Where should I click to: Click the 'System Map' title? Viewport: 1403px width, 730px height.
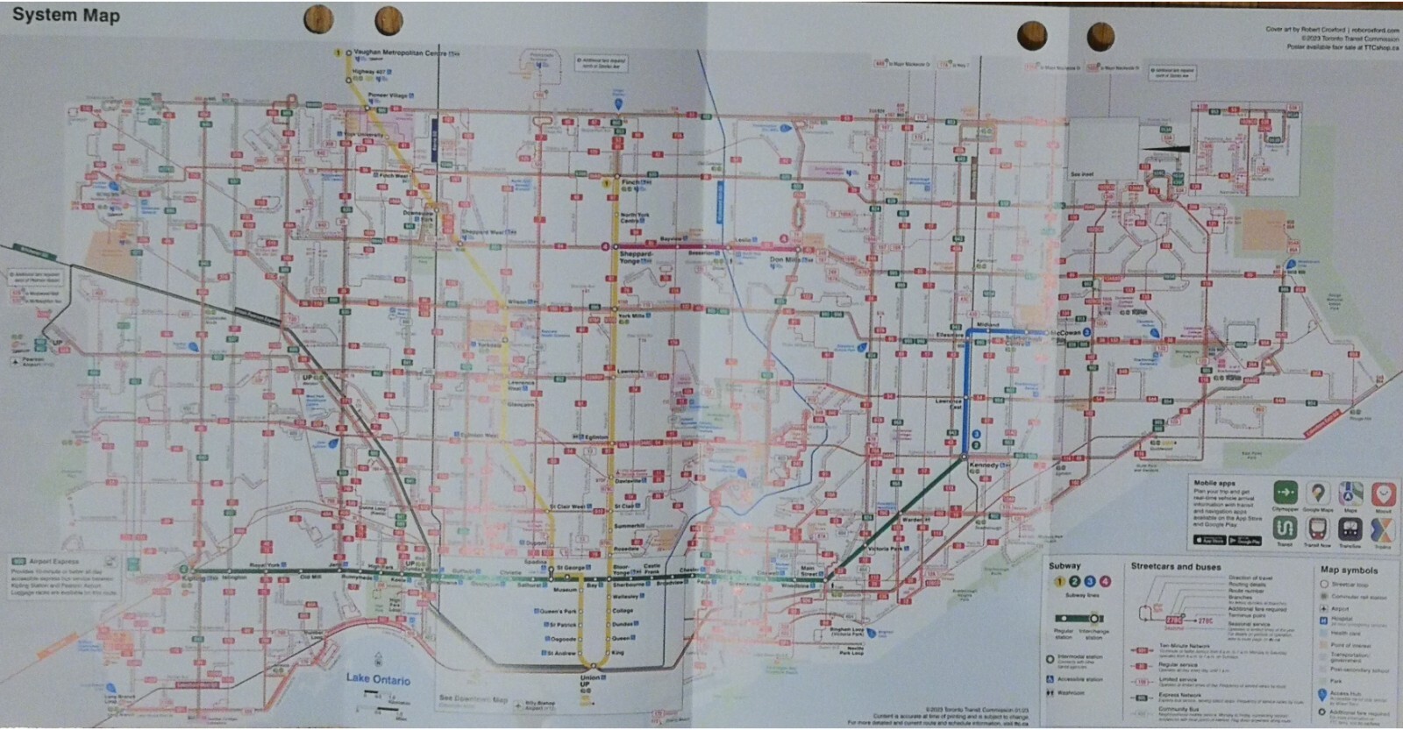tap(66, 15)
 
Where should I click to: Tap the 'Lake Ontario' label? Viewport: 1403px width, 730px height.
tap(377, 679)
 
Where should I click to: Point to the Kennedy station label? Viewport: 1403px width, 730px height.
tap(984, 465)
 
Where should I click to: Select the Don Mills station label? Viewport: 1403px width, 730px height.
tap(786, 260)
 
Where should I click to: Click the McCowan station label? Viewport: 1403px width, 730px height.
tap(1067, 334)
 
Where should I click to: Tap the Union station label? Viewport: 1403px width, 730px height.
tap(590, 678)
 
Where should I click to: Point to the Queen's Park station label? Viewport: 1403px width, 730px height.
tap(559, 611)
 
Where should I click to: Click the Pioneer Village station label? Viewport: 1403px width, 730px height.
tap(388, 95)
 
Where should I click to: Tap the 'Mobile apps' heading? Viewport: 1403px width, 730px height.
tap(1214, 484)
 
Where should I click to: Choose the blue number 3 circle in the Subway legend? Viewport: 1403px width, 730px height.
tap(1090, 581)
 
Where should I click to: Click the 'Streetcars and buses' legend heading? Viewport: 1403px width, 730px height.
tap(1175, 567)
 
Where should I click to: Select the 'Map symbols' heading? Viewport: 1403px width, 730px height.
tap(1349, 570)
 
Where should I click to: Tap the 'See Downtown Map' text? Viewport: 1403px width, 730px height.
tap(474, 699)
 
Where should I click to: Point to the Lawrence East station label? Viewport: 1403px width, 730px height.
tap(948, 404)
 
